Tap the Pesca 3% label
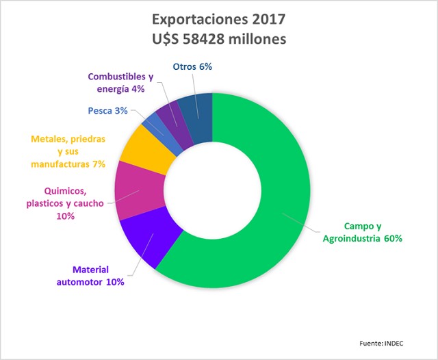click(107, 111)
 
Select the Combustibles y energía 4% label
click(121, 83)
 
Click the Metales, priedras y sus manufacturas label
click(68, 151)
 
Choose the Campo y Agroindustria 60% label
click(358, 232)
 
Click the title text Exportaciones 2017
click(219, 18)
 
